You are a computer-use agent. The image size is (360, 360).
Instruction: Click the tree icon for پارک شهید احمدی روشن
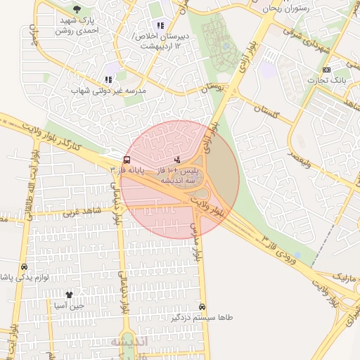[x=77, y=10]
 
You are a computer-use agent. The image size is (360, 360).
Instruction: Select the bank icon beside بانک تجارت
[x=326, y=70]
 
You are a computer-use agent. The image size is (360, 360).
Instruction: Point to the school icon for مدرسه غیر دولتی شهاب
[x=108, y=79]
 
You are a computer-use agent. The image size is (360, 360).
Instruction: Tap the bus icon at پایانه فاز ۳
[x=126, y=160]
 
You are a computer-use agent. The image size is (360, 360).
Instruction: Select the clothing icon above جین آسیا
[x=69, y=295]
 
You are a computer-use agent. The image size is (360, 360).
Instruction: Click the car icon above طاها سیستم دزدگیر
[x=202, y=307]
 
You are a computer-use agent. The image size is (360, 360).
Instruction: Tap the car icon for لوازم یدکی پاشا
[x=24, y=267]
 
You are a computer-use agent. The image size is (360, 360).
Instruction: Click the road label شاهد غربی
[x=82, y=211]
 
